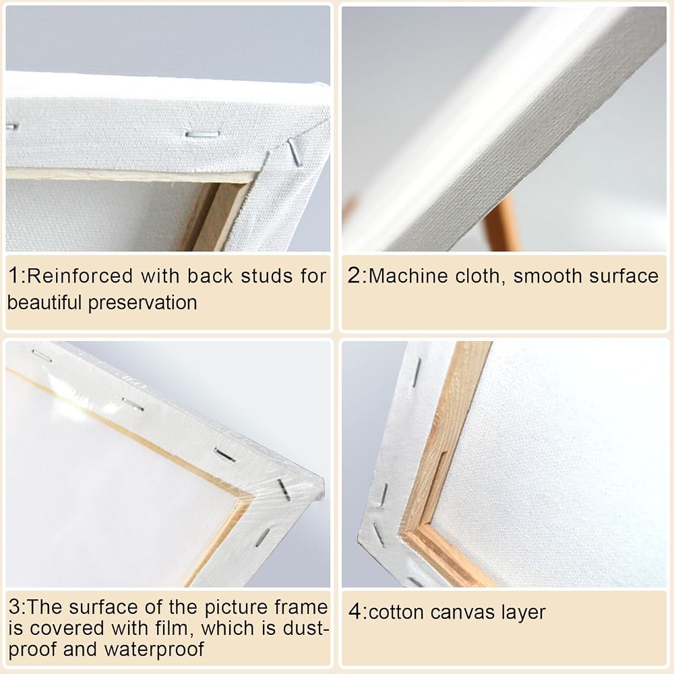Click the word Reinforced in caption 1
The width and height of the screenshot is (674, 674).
pyautogui.click(x=80, y=276)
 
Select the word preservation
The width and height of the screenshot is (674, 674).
pyautogui.click(x=142, y=303)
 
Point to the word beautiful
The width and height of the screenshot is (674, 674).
pyautogui.click(x=44, y=303)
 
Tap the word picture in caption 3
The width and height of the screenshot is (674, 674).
pyautogui.click(x=236, y=608)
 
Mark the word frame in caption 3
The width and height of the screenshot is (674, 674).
pyautogui.click(x=301, y=607)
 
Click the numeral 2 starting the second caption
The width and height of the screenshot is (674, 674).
pyautogui.click(x=355, y=276)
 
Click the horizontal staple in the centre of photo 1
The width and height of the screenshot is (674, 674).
pyautogui.click(x=202, y=135)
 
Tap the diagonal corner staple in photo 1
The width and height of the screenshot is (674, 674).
pyautogui.click(x=295, y=151)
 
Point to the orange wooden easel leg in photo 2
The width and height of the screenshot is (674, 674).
pyautogui.click(x=501, y=224)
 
